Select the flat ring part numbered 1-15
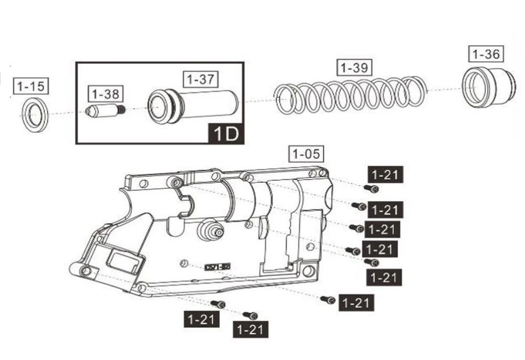[35, 114]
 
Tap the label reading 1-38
[106, 94]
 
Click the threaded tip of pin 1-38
[121, 110]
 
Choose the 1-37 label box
[200, 80]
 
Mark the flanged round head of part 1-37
[163, 107]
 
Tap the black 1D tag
[225, 134]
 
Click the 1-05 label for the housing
[306, 154]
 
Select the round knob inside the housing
[209, 230]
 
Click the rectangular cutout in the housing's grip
[125, 261]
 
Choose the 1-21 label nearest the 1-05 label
[386, 175]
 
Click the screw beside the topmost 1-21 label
[371, 188]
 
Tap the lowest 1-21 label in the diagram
[250, 330]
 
